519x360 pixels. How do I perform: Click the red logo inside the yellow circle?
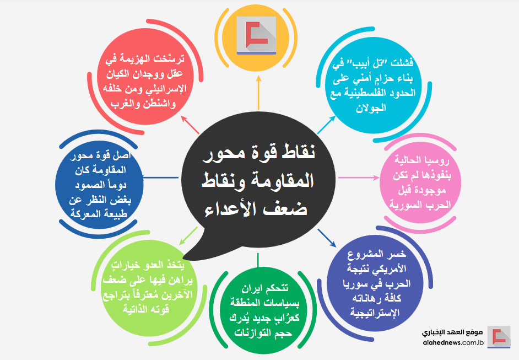coord(257,34)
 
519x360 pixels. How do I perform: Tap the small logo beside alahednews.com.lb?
coord(499,336)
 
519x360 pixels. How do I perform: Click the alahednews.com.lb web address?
coord(453,343)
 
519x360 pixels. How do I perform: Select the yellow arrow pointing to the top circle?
coord(258,93)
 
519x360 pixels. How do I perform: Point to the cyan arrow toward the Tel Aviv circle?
coord(326,125)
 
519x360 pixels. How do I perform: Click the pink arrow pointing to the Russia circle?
coord(359,178)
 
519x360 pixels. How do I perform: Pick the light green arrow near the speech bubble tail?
coord(188,236)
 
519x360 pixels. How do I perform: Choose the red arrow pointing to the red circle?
coord(190,125)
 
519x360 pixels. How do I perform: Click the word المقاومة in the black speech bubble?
coord(284,180)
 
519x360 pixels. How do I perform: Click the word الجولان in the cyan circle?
coord(371,108)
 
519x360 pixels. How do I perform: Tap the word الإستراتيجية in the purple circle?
coord(375,313)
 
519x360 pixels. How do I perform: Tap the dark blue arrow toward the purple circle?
coord(327,238)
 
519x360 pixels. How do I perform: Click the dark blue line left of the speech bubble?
coord(161,178)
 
